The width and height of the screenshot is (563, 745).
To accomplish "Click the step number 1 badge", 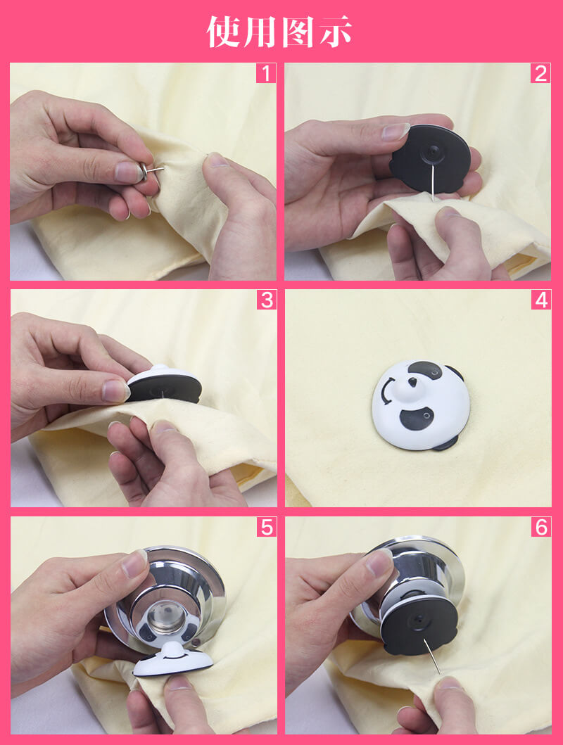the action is (x=266, y=73).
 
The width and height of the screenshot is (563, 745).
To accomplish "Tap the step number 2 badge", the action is (x=540, y=73).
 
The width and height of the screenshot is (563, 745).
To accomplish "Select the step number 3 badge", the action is (x=267, y=300).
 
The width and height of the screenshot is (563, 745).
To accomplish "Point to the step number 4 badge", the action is (x=541, y=300).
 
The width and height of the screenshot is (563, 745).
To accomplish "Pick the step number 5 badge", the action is (x=267, y=527).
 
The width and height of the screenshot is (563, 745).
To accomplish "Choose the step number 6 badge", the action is (x=541, y=527).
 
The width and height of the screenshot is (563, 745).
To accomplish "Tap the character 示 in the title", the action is (x=336, y=32).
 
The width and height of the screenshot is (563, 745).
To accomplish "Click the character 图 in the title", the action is (x=298, y=32).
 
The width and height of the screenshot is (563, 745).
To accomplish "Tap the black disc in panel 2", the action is (x=431, y=158).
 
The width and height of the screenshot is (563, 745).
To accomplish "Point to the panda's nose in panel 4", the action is (x=412, y=381).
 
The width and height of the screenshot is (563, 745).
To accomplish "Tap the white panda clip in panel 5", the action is (x=172, y=658).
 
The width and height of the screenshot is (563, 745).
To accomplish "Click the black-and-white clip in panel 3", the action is (x=164, y=384).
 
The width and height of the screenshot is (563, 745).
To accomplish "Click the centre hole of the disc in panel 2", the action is (x=432, y=152).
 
